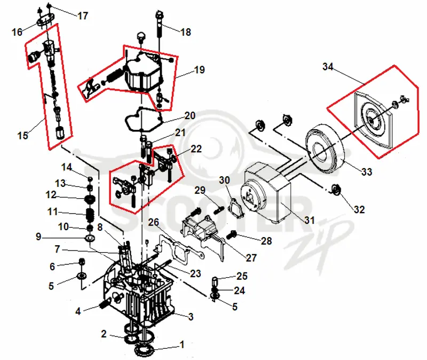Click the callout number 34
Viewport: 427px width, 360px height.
pyautogui.click(x=328, y=66)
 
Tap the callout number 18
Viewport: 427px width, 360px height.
pyautogui.click(x=186, y=32)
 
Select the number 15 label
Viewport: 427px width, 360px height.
pyautogui.click(x=22, y=135)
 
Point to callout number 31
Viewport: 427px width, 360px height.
pyautogui.click(x=310, y=220)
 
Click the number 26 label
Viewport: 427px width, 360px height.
pyautogui.click(x=153, y=222)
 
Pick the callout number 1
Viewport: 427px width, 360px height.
pyautogui.click(x=182, y=344)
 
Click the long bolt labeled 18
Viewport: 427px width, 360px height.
pyautogui.click(x=159, y=24)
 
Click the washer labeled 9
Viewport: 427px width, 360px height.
pyautogui.click(x=90, y=239)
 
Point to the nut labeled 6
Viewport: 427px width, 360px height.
pyautogui.click(x=81, y=262)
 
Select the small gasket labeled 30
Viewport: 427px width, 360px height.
pyautogui.click(x=235, y=208)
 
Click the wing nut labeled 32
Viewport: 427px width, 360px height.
pyautogui.click(x=336, y=190)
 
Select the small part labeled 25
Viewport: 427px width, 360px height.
pyautogui.click(x=215, y=281)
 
